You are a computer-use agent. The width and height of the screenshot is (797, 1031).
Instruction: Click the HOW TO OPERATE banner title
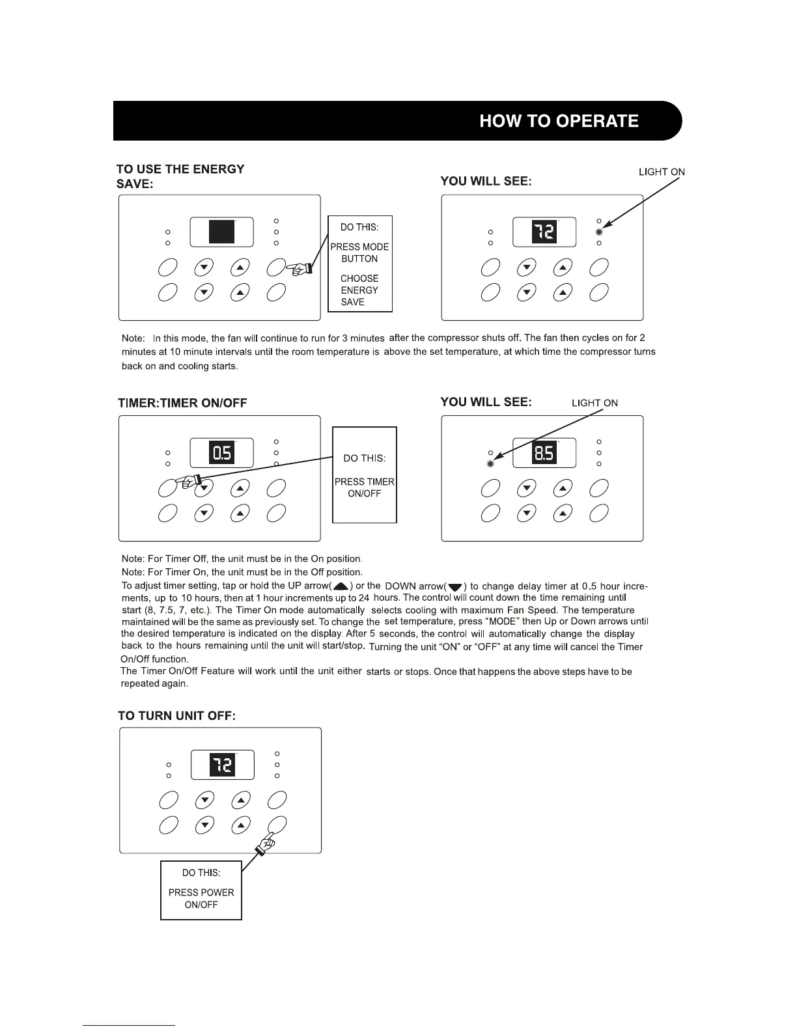tap(559, 121)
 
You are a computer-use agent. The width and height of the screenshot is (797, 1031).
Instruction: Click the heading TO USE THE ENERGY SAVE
tap(180, 176)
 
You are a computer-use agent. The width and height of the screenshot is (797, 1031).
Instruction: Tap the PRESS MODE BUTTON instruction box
tap(359, 264)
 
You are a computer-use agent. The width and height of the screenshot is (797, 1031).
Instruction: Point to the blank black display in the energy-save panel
tap(221, 232)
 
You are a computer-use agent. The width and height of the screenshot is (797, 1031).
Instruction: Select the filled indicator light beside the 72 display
tap(599, 232)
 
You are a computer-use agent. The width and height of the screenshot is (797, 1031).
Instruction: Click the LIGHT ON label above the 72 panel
tap(662, 172)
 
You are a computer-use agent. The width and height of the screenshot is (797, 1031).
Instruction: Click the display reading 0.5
tap(221, 452)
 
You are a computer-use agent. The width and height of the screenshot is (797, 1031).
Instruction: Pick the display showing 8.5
tap(544, 452)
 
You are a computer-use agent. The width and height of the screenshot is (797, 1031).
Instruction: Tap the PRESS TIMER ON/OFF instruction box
tap(364, 474)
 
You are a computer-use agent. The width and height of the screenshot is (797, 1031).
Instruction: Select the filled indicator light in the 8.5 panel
tap(490, 463)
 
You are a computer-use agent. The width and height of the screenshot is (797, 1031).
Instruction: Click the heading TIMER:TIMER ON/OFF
tap(182, 403)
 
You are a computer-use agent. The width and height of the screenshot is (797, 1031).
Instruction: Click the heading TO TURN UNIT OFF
tap(176, 716)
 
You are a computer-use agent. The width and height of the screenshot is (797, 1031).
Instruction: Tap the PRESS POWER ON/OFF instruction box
tap(201, 890)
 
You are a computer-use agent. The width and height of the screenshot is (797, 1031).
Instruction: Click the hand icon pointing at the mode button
tap(302, 268)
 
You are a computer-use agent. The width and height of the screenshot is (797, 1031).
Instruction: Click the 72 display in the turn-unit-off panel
tap(223, 765)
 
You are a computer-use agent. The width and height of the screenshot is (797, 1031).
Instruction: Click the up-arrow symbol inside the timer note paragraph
tap(340, 586)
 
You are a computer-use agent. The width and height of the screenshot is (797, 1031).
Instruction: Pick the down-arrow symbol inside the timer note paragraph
tap(455, 587)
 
